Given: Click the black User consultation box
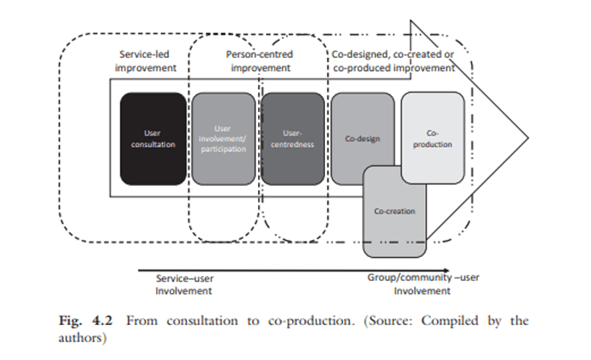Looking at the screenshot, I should pyautogui.click(x=148, y=138).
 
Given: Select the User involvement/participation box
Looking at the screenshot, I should pyautogui.click(x=223, y=138).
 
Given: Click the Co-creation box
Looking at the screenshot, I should pyautogui.click(x=394, y=212).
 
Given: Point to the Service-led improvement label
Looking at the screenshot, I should pyautogui.click(x=146, y=61).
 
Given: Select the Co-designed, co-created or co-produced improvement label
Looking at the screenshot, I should pyautogui.click(x=393, y=61).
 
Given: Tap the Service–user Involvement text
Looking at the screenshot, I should pyautogui.click(x=185, y=284).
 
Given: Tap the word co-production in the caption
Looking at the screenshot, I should pyautogui.click(x=304, y=321).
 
